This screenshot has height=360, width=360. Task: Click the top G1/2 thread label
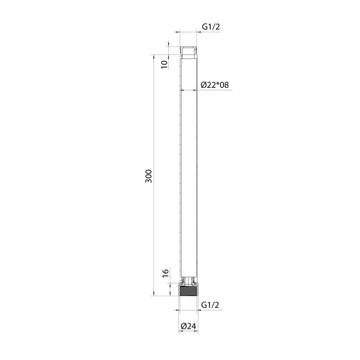tap(211, 27)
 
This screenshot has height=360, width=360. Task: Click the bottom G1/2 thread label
tap(210, 305)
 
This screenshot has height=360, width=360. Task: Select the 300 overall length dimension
tap(149, 176)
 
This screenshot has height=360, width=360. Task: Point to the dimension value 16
tap(166, 273)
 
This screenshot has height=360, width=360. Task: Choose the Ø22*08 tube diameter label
tap(215, 85)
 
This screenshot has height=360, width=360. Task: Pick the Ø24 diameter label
tap(189, 326)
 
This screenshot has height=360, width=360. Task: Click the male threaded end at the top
tap(188, 53)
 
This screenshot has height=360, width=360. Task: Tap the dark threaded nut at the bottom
tap(188, 290)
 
